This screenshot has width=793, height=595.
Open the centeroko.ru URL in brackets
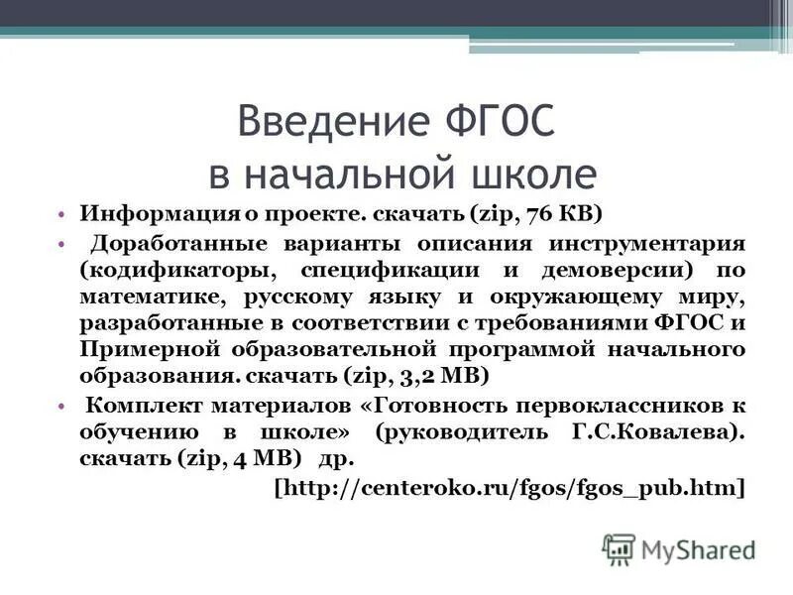pyautogui.click(x=508, y=487)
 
